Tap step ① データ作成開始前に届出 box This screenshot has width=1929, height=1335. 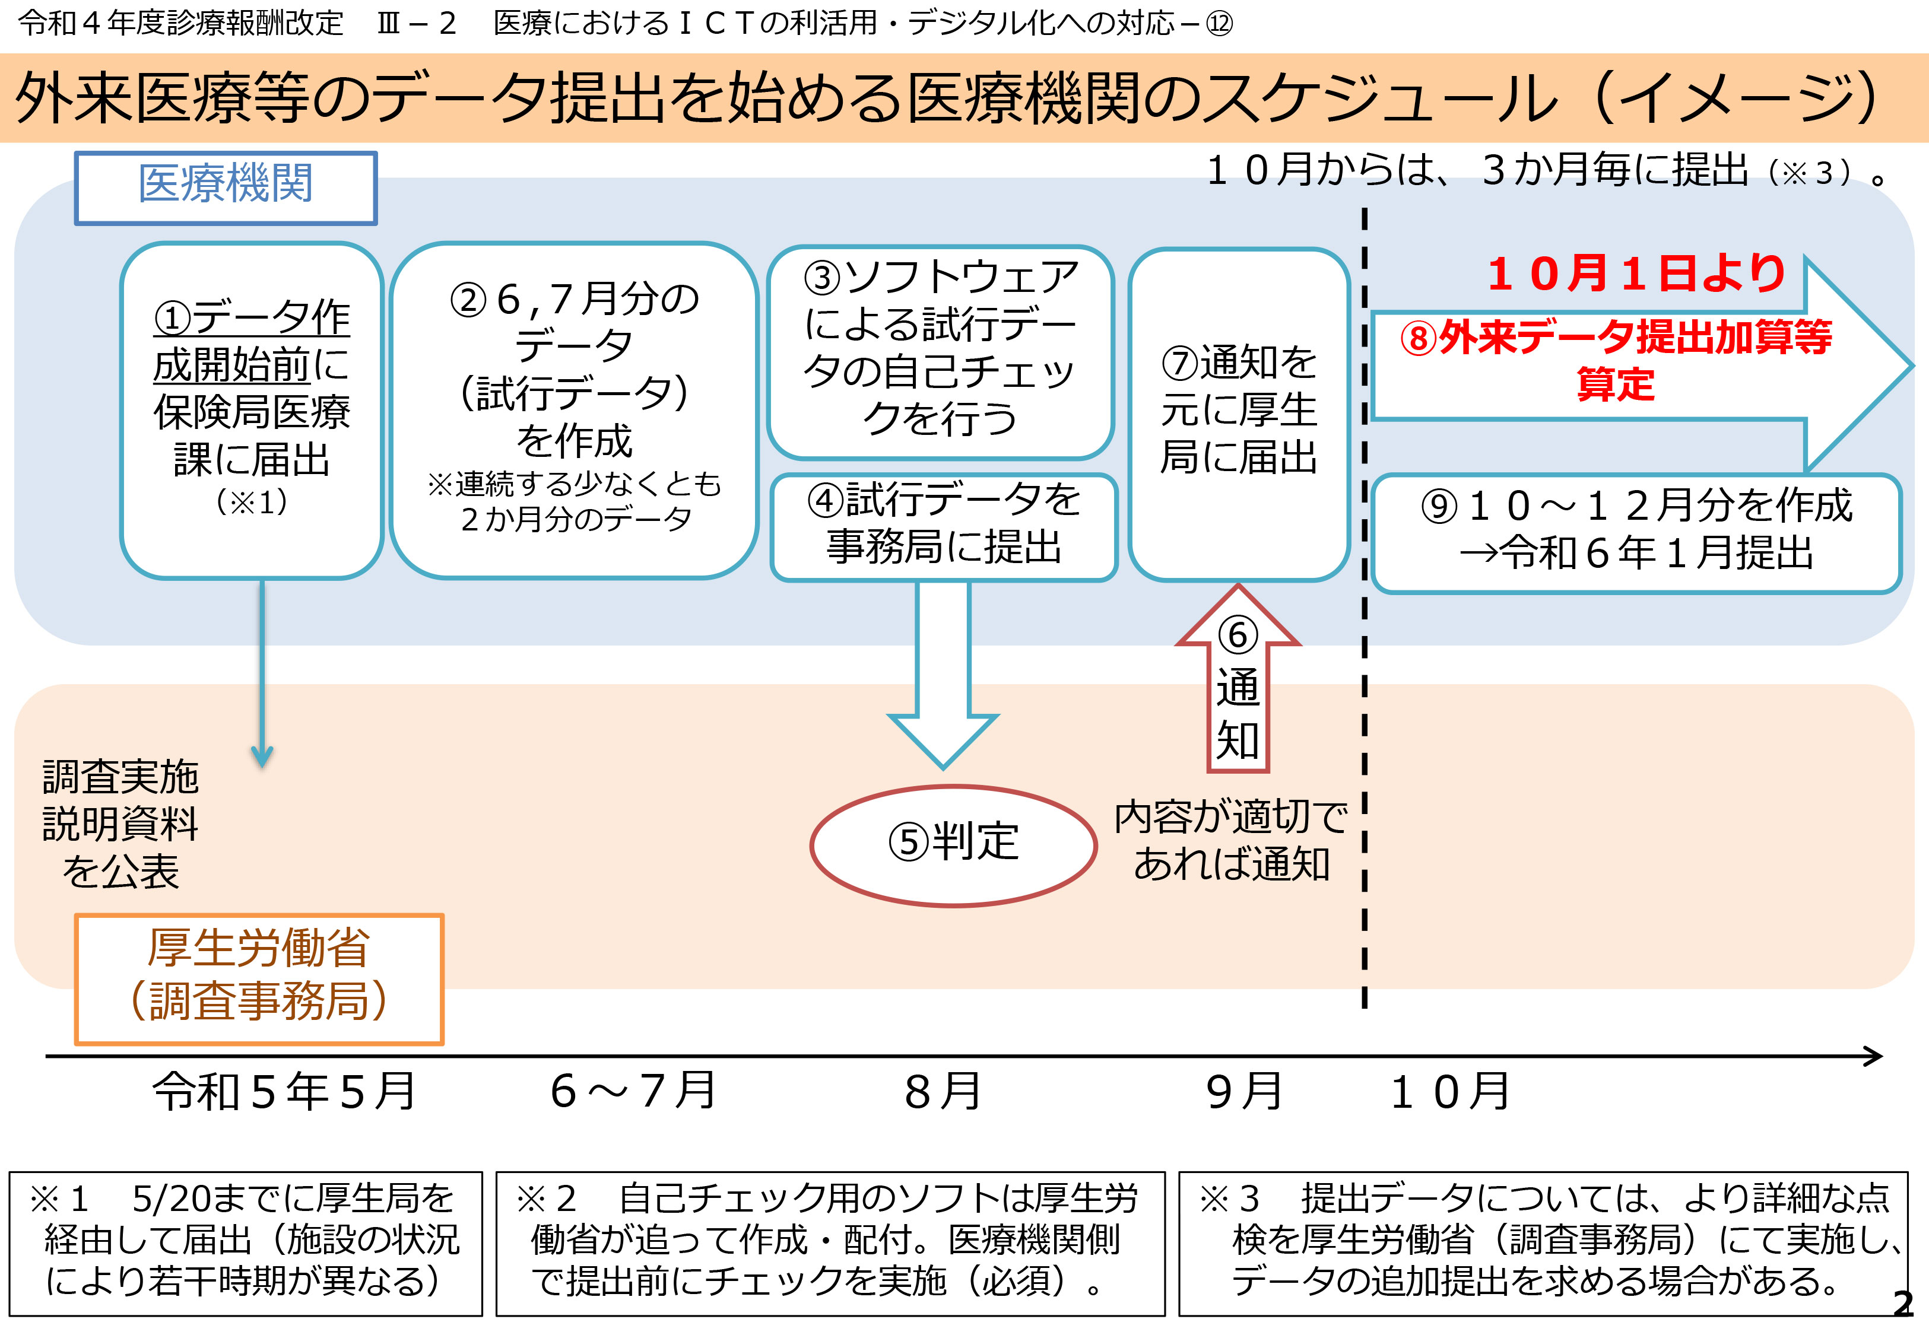click(x=252, y=410)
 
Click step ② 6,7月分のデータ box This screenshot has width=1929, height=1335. click(x=574, y=410)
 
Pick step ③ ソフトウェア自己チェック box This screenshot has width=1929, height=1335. click(x=940, y=351)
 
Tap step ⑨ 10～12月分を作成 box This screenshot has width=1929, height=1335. click(x=1635, y=533)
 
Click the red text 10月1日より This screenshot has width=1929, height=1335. click(x=1635, y=274)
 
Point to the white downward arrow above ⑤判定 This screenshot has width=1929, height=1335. click(x=943, y=669)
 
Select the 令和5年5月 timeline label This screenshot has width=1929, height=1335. click(x=284, y=1092)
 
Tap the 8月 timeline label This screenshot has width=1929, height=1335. click(x=943, y=1092)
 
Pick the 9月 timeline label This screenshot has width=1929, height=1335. click(x=1244, y=1092)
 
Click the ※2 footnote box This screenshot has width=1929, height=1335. click(x=830, y=1242)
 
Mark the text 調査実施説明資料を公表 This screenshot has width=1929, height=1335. click(x=120, y=824)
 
